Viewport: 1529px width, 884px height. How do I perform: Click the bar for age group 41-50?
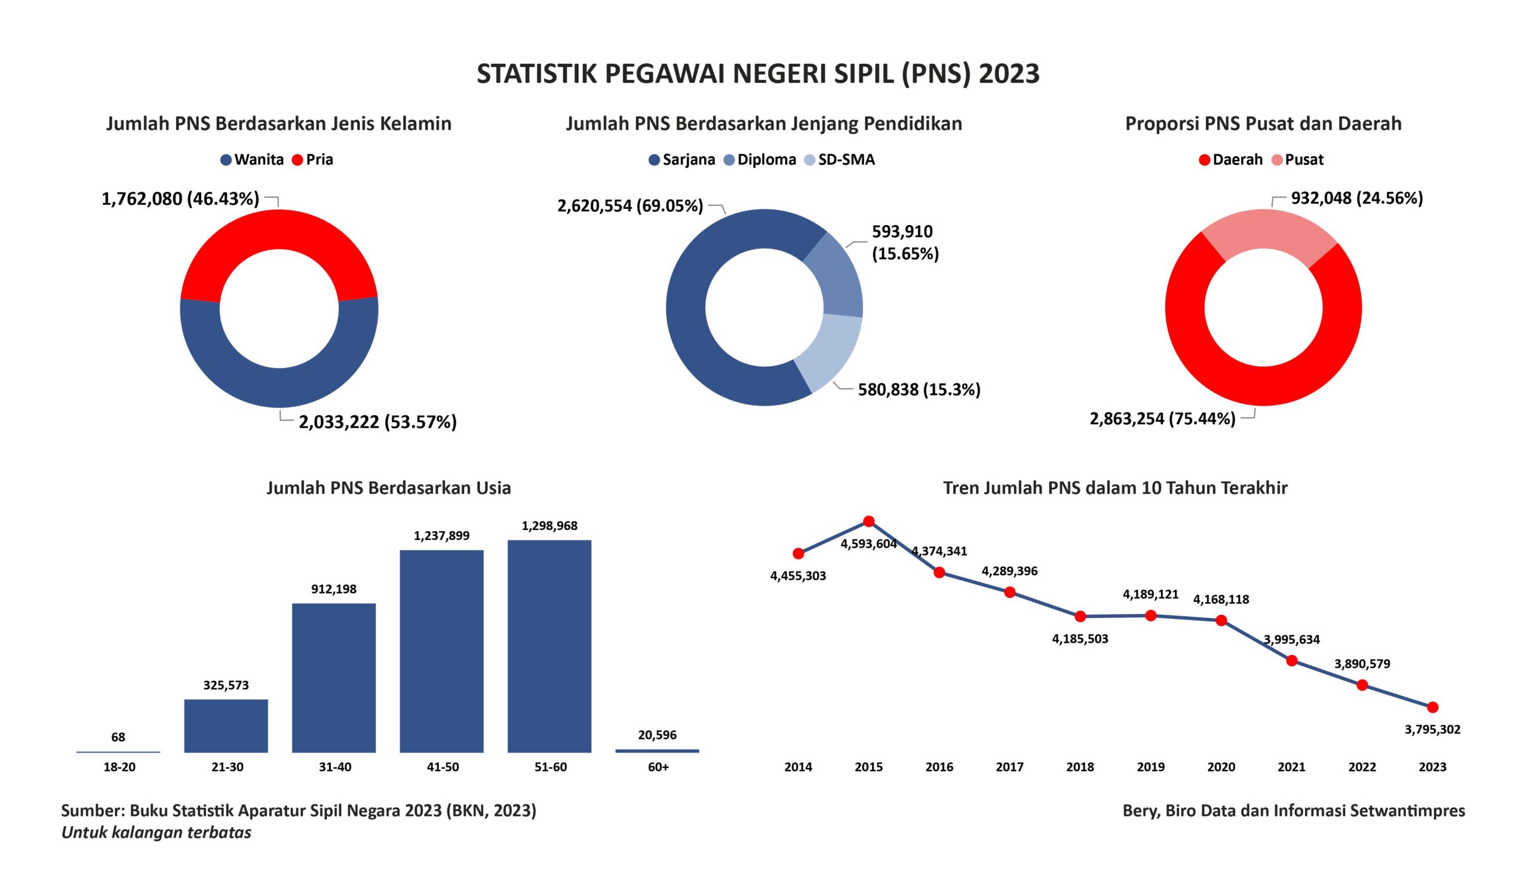click(x=441, y=650)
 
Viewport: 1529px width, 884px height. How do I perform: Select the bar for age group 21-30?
click(x=226, y=725)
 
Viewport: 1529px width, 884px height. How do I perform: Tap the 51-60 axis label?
click(x=550, y=767)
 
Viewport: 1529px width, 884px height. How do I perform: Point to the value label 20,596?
click(x=657, y=735)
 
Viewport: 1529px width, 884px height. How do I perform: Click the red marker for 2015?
click(x=868, y=521)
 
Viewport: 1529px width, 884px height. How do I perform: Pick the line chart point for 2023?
click(x=1432, y=707)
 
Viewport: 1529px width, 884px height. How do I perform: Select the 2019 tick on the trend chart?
click(x=1150, y=767)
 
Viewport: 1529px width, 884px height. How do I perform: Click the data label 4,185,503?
click(x=1080, y=639)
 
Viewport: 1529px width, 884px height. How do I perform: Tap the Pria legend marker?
click(x=297, y=160)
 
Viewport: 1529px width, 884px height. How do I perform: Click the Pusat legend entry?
click(x=1298, y=160)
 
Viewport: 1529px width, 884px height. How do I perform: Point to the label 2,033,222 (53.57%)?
click(x=377, y=422)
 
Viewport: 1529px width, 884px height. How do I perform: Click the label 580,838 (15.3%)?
click(x=919, y=389)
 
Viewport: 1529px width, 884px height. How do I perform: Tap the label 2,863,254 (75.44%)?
click(x=1162, y=419)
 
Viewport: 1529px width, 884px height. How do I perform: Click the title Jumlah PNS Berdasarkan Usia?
click(x=388, y=488)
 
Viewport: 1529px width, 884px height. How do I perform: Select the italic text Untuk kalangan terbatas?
click(x=156, y=832)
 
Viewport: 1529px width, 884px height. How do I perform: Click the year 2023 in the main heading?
click(x=1009, y=74)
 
